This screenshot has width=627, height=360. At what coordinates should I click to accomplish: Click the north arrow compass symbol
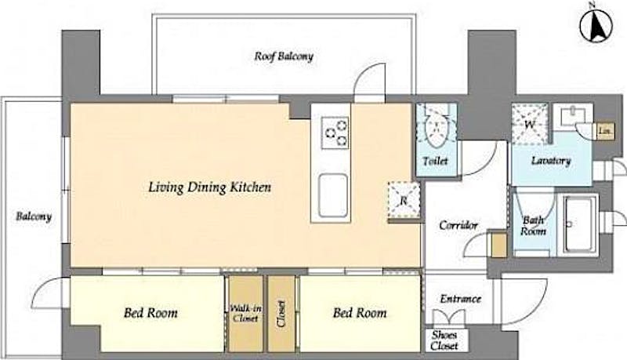(x=596, y=25)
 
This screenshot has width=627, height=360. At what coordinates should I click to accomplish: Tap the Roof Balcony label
(x=284, y=56)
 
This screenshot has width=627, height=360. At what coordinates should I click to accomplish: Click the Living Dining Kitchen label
(x=209, y=187)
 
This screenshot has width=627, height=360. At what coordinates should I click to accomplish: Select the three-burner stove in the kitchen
(x=336, y=133)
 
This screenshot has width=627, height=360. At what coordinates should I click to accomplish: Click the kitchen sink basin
(x=332, y=195)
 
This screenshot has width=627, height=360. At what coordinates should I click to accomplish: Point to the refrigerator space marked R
(x=404, y=200)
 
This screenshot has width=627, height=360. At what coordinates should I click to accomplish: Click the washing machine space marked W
(x=530, y=124)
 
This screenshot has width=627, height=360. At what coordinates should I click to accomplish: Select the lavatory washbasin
(x=573, y=115)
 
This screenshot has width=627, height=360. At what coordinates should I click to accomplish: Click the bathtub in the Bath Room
(x=579, y=224)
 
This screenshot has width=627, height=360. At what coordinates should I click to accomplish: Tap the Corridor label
(x=458, y=225)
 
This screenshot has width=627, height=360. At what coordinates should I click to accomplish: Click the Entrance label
(x=460, y=299)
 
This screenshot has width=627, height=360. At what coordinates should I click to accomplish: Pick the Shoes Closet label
(x=444, y=340)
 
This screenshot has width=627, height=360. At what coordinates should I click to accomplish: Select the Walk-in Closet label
(x=245, y=314)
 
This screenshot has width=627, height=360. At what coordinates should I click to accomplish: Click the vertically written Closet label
(x=281, y=314)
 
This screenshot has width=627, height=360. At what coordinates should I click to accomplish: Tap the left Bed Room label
(x=150, y=312)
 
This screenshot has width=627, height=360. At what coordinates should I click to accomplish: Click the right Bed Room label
(x=360, y=312)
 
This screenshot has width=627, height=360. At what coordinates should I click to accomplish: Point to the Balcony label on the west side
(x=34, y=216)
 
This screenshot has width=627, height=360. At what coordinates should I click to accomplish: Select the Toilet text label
(x=436, y=162)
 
